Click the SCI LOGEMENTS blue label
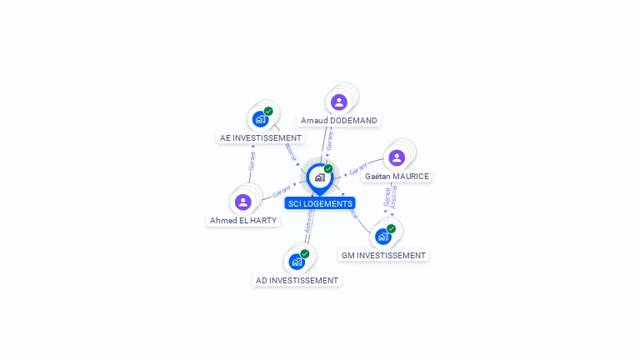320,203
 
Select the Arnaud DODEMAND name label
339,121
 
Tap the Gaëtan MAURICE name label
397,177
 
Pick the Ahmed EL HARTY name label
243,221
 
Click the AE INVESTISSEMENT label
260,138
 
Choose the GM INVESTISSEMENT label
383,256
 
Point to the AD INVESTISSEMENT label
297,281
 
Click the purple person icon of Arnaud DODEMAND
338,102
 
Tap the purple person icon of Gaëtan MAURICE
397,157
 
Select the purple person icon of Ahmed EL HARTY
242,202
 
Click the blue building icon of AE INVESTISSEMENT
260,119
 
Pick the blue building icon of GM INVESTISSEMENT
382,237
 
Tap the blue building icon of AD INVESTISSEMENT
296,262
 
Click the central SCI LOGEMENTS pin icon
319,177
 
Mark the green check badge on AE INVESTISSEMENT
268,111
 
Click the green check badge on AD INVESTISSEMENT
305,253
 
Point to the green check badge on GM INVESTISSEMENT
391,228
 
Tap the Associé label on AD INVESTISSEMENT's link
308,221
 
